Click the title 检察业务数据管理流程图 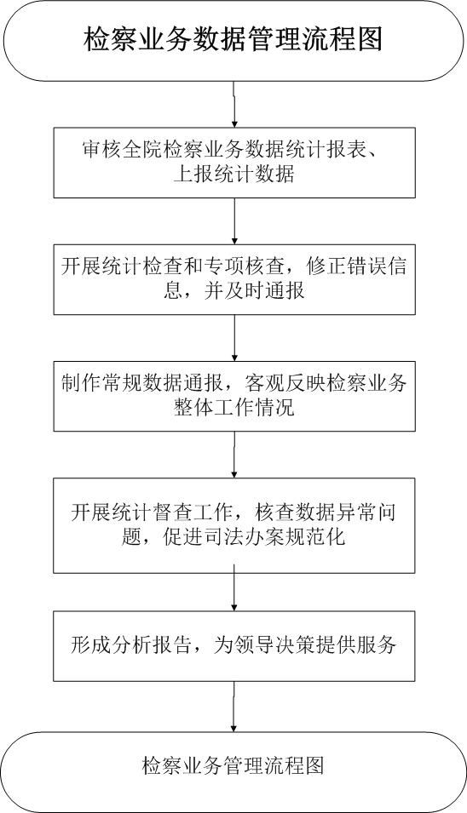point(233,40)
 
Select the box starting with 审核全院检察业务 point(234,163)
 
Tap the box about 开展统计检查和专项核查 point(234,279)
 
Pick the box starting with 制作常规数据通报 point(234,396)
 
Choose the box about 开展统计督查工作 point(234,525)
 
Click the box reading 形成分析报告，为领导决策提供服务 point(234,646)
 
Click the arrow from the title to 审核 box point(234,104)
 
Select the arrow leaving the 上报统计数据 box point(234,220)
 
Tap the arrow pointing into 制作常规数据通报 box point(234,337)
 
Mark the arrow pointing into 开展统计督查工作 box point(234,455)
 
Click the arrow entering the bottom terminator point(234,707)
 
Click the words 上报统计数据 point(234,175)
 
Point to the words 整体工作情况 point(234,407)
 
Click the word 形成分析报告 point(130,644)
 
